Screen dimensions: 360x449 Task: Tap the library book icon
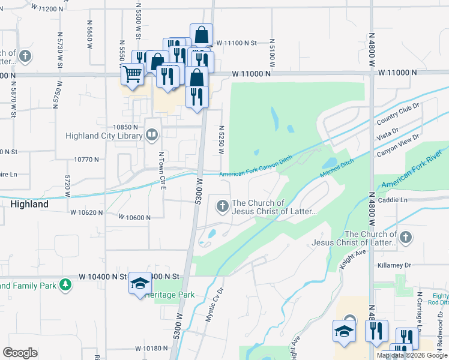(152, 135)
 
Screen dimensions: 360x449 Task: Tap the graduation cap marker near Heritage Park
(140, 283)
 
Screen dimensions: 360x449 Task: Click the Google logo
(20, 353)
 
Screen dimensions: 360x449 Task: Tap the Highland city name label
(29, 204)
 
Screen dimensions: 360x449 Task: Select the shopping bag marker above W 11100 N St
(202, 35)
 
